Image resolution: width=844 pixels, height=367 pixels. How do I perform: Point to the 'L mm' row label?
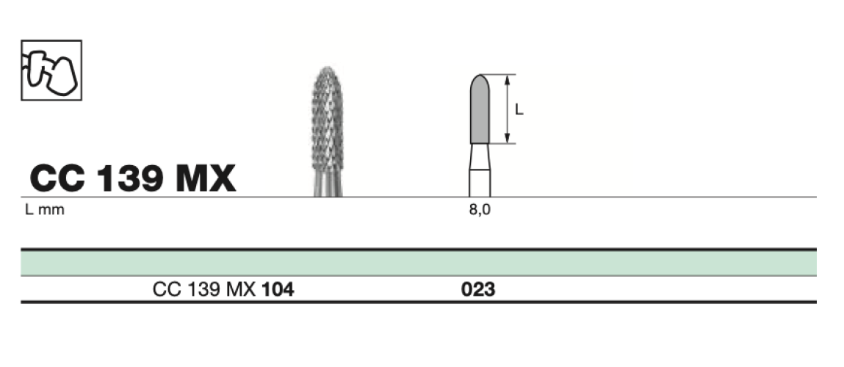click(x=45, y=210)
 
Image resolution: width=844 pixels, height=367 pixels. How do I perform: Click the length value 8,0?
click(x=480, y=210)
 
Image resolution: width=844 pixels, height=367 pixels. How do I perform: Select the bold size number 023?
click(x=478, y=290)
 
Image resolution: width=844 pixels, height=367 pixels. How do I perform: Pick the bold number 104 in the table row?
click(x=278, y=290)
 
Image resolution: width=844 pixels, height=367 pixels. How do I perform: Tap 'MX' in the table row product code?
click(x=244, y=290)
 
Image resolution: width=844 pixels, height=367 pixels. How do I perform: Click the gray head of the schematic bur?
click(x=480, y=110)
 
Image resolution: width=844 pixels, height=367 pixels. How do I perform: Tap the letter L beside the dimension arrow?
click(x=519, y=110)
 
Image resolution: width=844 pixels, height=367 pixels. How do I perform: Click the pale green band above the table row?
click(x=419, y=263)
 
